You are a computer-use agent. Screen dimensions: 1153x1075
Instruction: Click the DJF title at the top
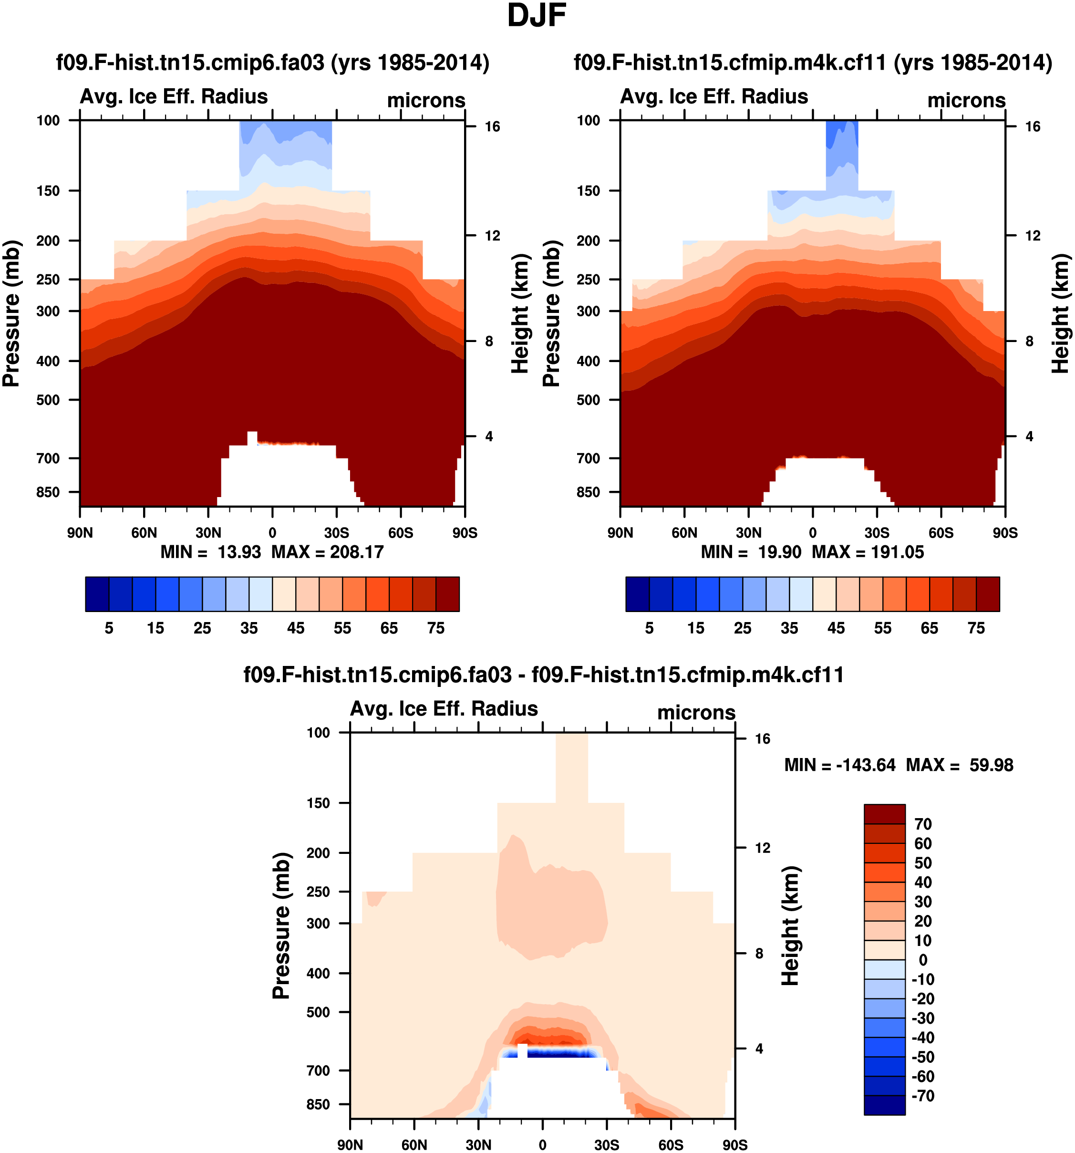(537, 16)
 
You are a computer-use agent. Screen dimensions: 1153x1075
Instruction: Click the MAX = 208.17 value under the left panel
(328, 551)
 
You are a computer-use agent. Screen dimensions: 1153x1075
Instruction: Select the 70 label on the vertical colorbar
(922, 824)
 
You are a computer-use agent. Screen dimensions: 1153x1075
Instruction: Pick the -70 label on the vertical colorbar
(922, 1096)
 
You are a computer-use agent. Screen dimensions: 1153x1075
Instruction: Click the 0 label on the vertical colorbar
(922, 960)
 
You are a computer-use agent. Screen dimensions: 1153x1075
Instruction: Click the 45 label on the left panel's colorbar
(296, 628)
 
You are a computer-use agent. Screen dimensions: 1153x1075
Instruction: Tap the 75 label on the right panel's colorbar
(976, 628)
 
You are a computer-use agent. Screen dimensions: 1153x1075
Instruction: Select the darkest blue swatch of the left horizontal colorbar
(97, 594)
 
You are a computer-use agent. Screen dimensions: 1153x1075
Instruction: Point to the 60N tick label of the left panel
(144, 533)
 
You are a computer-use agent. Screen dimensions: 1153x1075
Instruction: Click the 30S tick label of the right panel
(877, 533)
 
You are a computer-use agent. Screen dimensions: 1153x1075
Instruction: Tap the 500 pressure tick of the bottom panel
(318, 1012)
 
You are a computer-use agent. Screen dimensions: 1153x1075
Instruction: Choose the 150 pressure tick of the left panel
(48, 191)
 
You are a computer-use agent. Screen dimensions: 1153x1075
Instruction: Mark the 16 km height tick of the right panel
(1033, 126)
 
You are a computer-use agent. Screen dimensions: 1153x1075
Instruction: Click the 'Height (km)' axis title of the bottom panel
(790, 926)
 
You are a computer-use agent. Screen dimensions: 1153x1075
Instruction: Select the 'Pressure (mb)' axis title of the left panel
(11, 313)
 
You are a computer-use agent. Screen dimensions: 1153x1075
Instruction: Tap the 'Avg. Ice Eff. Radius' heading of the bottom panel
(444, 709)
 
